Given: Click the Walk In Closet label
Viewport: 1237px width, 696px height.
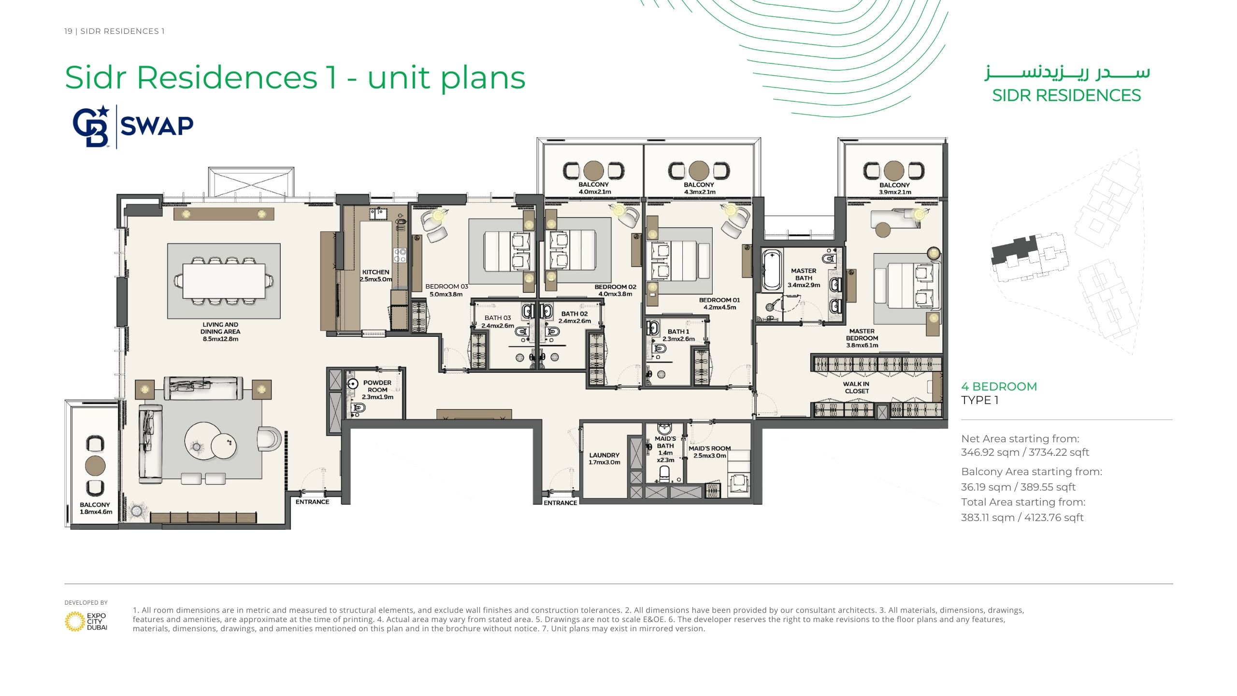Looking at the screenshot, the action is [857, 388].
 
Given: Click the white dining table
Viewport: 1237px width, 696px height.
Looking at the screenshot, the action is [224, 281].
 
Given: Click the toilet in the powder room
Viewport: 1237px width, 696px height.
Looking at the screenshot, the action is [358, 409].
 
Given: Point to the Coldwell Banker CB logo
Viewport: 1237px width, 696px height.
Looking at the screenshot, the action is [91, 127].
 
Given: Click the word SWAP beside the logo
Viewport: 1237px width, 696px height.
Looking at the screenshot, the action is [157, 126].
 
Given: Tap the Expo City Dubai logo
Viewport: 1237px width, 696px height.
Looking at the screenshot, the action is [86, 622].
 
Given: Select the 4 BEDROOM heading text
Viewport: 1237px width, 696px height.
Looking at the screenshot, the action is [999, 387].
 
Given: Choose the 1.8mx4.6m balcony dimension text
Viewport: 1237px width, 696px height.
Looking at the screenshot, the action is [96, 512].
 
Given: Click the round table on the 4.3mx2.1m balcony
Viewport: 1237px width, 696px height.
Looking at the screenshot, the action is [699, 171].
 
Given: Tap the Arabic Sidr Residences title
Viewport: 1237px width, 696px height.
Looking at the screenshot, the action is [1067, 72].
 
